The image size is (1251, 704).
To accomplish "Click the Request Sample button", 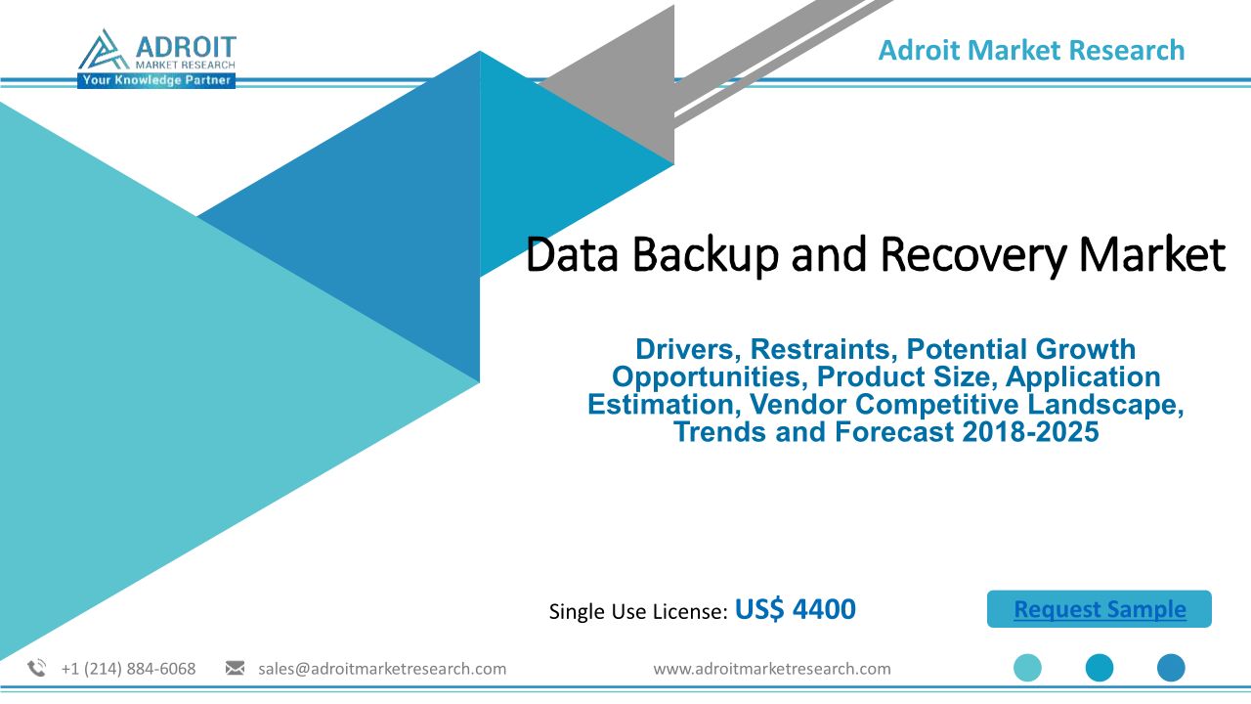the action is pos(1100,608).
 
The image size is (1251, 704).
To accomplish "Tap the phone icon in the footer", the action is pos(37,668).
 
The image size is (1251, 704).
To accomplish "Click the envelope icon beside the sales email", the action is pos(235,668).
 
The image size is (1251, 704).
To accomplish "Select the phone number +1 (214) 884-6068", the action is pos(128,669).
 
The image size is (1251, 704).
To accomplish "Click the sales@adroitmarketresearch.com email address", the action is pos(382,669).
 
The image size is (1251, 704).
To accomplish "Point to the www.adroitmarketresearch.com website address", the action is pos(772,669).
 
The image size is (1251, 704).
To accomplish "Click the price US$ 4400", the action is pos(796,609).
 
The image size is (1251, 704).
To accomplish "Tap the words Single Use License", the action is pos(638,611).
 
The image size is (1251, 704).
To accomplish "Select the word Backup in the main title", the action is pos(706,254).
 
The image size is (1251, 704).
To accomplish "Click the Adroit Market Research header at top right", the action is pos(1031,50).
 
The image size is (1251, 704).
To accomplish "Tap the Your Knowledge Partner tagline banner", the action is pos(156,80).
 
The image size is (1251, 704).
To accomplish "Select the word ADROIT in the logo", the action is pos(186,46).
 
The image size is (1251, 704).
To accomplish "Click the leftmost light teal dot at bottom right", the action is pos(1027,668).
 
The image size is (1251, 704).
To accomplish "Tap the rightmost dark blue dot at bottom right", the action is pos(1171,668).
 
